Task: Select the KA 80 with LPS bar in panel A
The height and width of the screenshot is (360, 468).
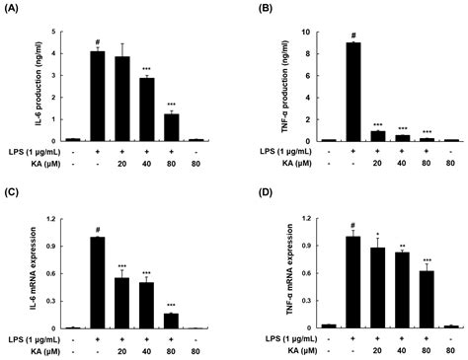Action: click(x=172, y=127)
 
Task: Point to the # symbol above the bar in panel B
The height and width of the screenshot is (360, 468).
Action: click(x=351, y=36)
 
